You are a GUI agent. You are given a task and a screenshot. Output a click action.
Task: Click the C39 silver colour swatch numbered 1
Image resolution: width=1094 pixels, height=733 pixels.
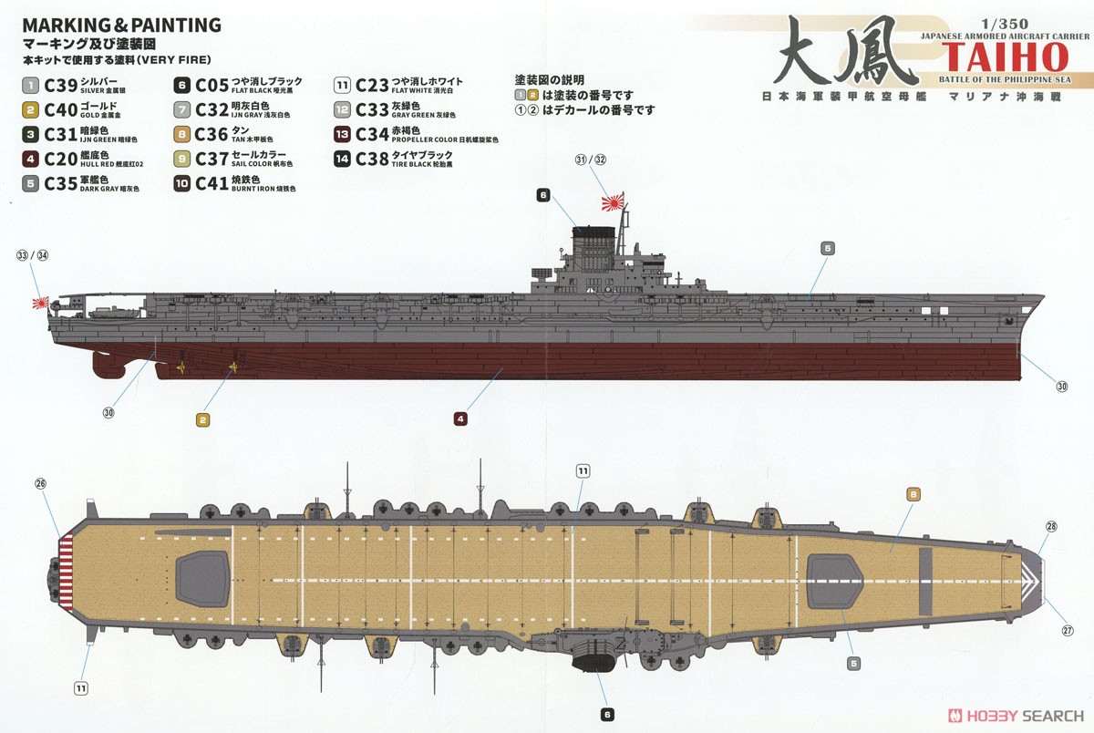tap(30, 87)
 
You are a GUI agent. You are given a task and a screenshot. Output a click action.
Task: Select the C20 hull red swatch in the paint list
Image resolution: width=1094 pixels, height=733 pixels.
tap(30, 158)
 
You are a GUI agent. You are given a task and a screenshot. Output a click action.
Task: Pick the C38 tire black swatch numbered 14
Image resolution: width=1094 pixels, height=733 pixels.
tap(343, 159)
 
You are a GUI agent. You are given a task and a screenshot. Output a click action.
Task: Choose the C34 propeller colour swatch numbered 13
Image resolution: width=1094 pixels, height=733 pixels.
tap(343, 134)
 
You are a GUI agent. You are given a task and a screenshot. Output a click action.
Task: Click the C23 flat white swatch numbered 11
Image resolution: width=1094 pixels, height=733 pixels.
tap(343, 87)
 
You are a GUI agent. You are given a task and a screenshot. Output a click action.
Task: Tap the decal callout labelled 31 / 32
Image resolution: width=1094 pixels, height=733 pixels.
tap(591, 160)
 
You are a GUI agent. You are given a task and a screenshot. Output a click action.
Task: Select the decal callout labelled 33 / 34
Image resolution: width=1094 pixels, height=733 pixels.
tap(32, 256)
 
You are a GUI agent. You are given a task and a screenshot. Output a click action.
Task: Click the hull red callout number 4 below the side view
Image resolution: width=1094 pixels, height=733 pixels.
tap(460, 419)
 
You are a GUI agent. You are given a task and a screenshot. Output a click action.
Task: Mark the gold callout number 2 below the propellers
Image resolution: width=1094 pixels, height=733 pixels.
tap(203, 419)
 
